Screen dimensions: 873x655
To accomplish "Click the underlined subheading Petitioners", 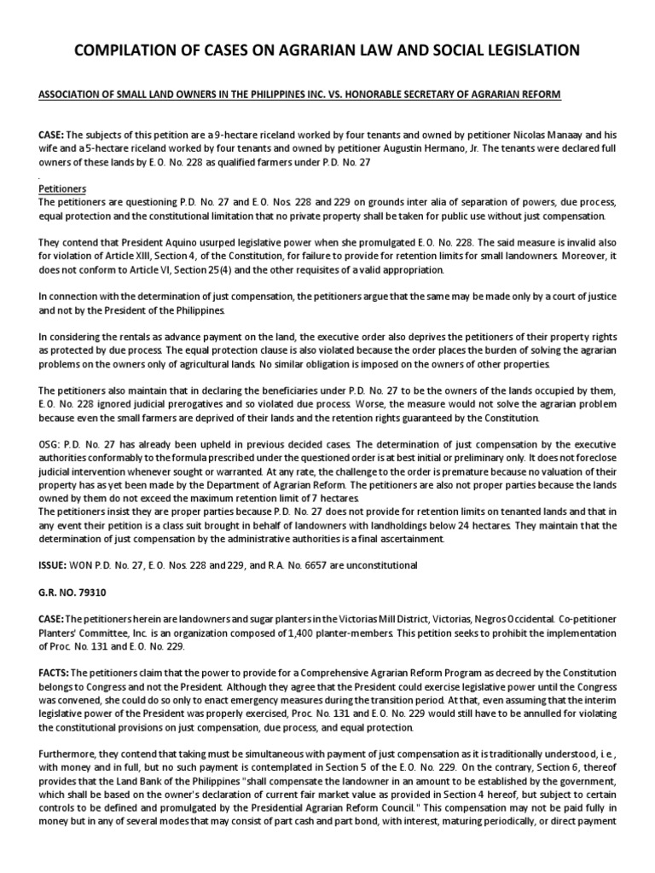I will [62, 188].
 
